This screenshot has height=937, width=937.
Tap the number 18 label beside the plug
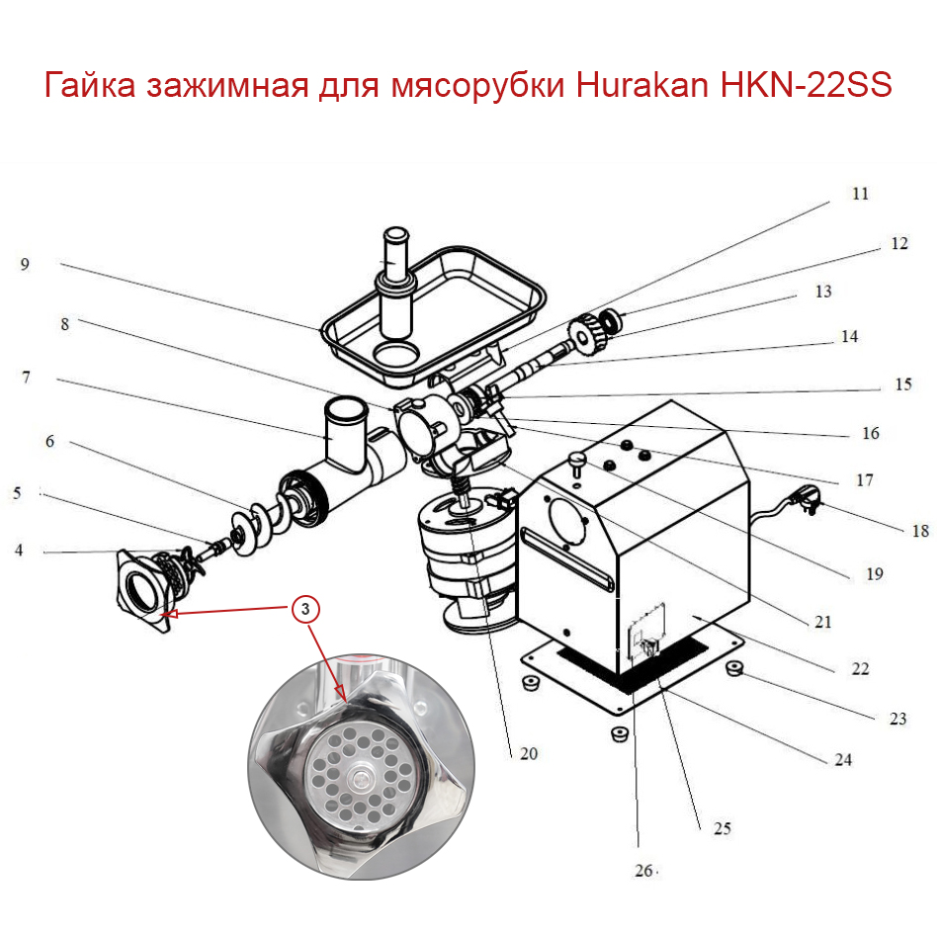(x=920, y=531)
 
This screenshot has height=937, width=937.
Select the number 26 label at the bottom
(x=643, y=871)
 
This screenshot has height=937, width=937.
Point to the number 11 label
(x=860, y=194)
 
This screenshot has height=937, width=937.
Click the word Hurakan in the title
(x=633, y=86)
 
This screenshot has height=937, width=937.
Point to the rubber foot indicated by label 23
(x=735, y=669)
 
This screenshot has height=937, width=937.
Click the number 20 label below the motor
(x=528, y=752)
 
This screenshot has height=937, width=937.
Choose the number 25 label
(x=723, y=828)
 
